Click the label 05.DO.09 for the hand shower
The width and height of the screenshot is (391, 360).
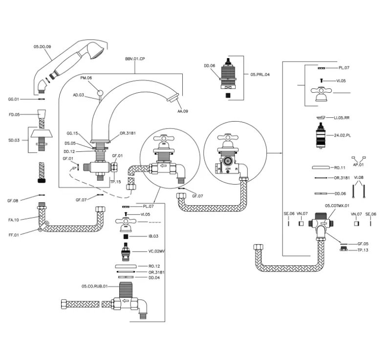click(x=43, y=46)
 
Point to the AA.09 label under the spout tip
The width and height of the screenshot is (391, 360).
click(x=182, y=111)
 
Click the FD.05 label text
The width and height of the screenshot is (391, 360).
click(x=14, y=115)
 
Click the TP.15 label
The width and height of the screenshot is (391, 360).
click(x=116, y=182)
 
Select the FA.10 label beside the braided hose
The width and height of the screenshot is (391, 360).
click(x=13, y=220)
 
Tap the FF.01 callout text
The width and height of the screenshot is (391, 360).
click(x=13, y=234)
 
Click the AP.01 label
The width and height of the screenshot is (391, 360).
click(x=359, y=165)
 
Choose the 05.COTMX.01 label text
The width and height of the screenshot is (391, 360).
click(x=337, y=206)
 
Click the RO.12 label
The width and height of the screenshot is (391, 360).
click(x=154, y=266)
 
